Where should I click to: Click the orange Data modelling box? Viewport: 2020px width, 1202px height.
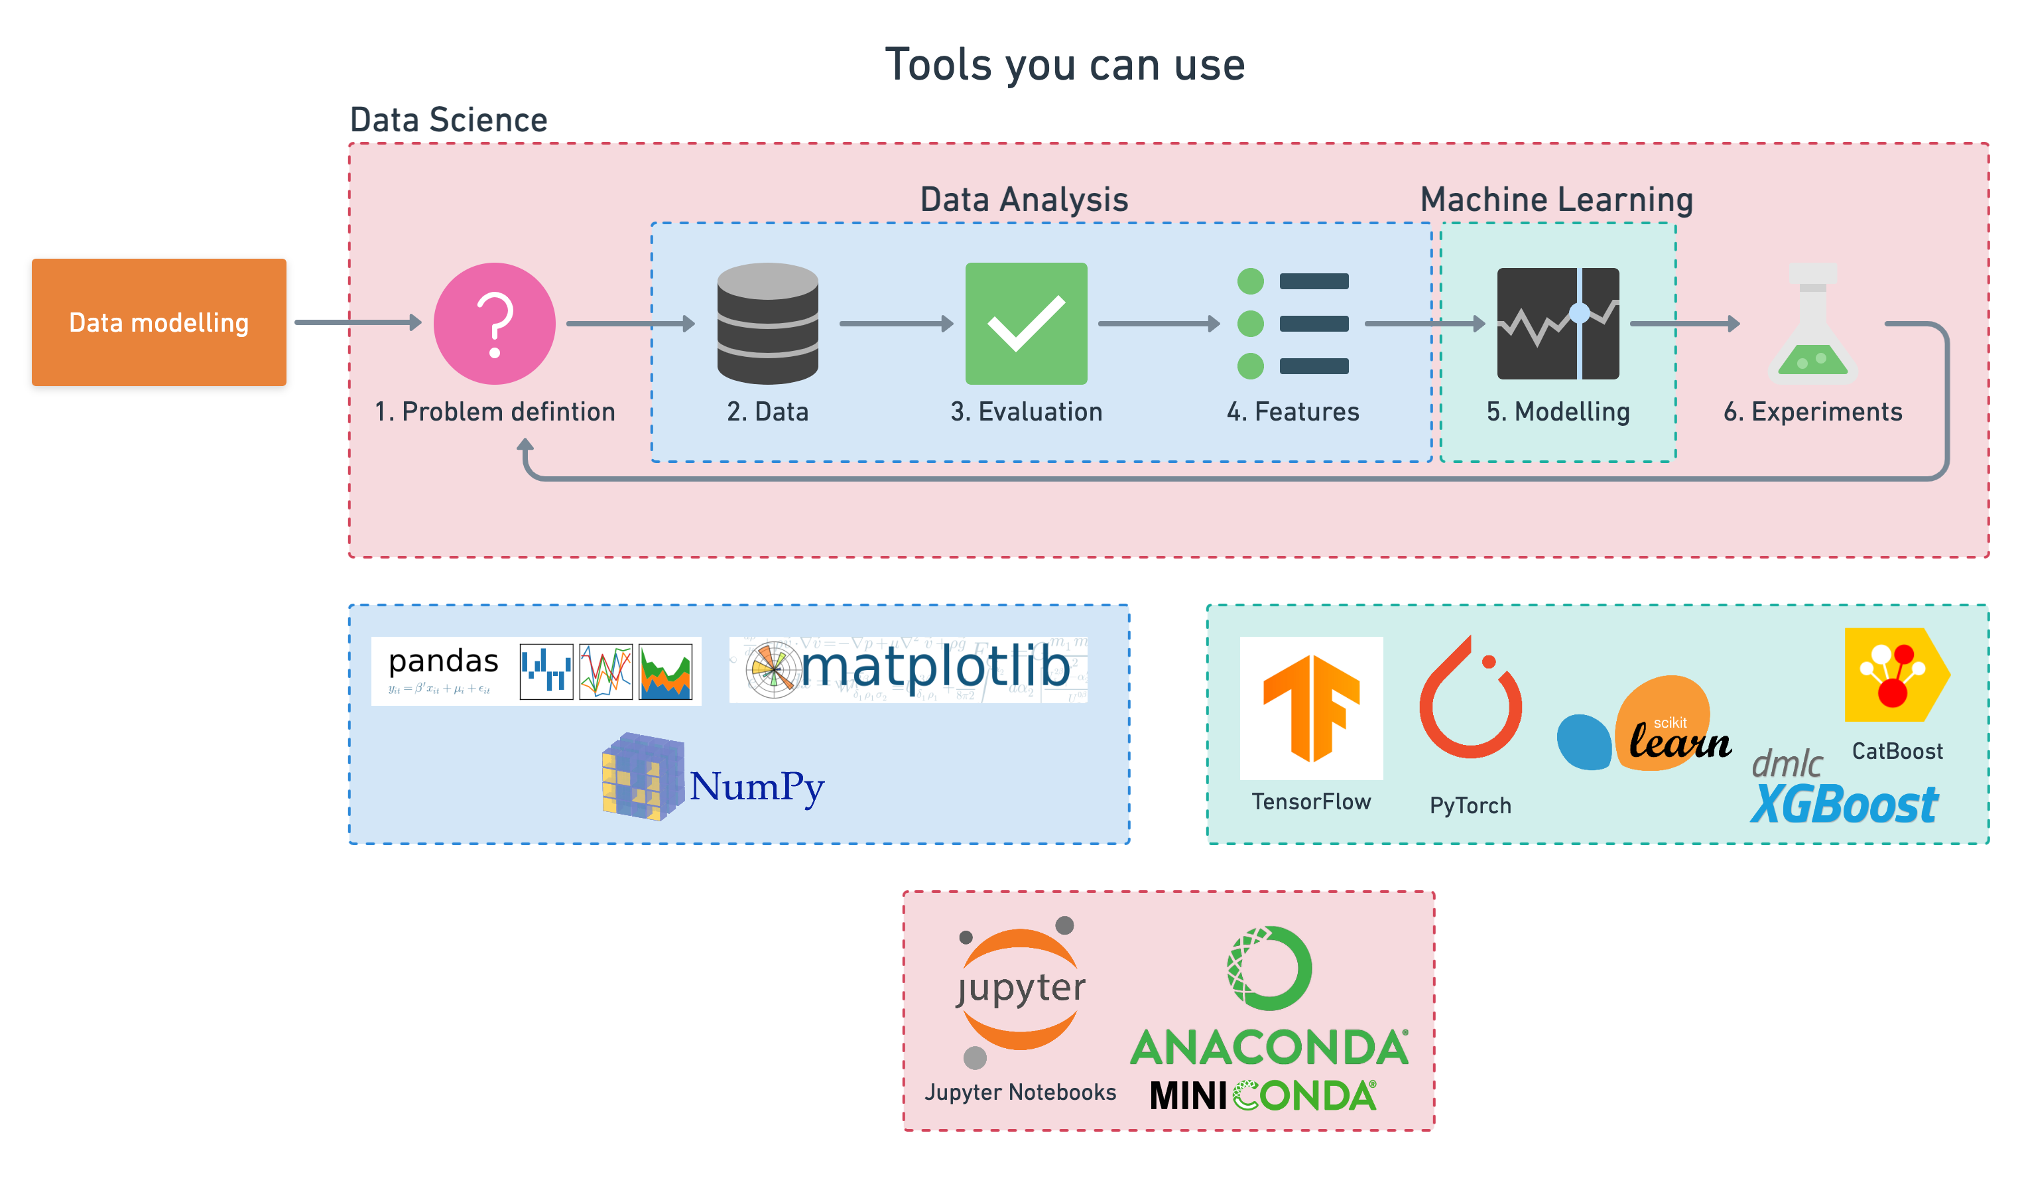coord(158,322)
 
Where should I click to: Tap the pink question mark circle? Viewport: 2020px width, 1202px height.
coord(494,323)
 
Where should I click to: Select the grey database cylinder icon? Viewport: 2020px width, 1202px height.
coord(767,323)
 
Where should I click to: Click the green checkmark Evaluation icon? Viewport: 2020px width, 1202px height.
coord(1026,323)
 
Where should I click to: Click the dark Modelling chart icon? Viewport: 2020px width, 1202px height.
coord(1557,323)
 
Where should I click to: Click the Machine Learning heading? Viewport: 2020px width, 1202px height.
coord(1556,199)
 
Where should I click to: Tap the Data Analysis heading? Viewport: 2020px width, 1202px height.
coord(1023,199)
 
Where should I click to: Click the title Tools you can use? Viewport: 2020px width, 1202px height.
coord(1064,65)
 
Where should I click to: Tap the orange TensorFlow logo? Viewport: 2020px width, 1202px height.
coord(1311,708)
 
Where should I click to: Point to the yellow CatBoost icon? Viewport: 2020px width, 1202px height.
coord(1895,674)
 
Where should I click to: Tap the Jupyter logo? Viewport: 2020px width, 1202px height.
coord(1019,990)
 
